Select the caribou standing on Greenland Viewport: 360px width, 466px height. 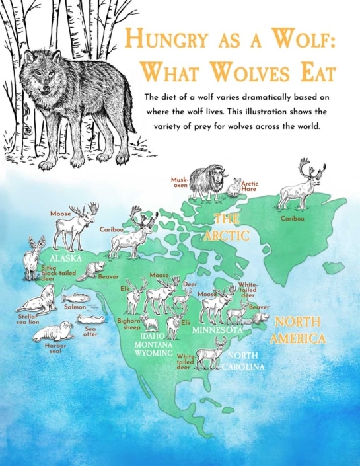click(x=302, y=185)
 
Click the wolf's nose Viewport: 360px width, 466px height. click(x=48, y=97)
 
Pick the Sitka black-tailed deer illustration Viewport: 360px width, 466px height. click(x=32, y=257)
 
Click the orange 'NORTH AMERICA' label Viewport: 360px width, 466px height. click(x=299, y=330)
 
